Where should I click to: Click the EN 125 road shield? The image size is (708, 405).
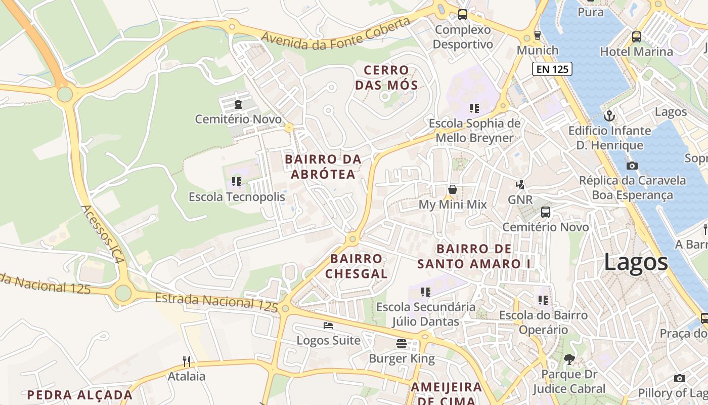(552, 69)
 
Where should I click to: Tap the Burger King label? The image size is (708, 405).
(402, 359)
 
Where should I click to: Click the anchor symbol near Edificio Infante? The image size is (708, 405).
(609, 115)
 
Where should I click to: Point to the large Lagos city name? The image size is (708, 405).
(636, 262)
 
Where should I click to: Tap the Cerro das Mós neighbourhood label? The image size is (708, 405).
(386, 77)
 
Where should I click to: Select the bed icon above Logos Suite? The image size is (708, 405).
(328, 326)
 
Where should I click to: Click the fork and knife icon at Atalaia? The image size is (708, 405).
(187, 361)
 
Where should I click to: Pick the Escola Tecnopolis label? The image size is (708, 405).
(237, 197)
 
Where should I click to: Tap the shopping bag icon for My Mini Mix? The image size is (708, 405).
(453, 189)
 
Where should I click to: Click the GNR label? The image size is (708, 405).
(520, 200)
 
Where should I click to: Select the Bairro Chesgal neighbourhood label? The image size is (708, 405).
(356, 266)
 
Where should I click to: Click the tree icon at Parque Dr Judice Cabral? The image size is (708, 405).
(569, 359)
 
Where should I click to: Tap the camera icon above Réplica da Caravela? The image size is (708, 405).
(632, 166)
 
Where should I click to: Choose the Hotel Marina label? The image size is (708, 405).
(636, 52)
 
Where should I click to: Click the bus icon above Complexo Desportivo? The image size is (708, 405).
(463, 15)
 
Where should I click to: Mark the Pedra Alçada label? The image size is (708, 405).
(79, 395)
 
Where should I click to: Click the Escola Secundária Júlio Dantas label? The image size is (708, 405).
(426, 314)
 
